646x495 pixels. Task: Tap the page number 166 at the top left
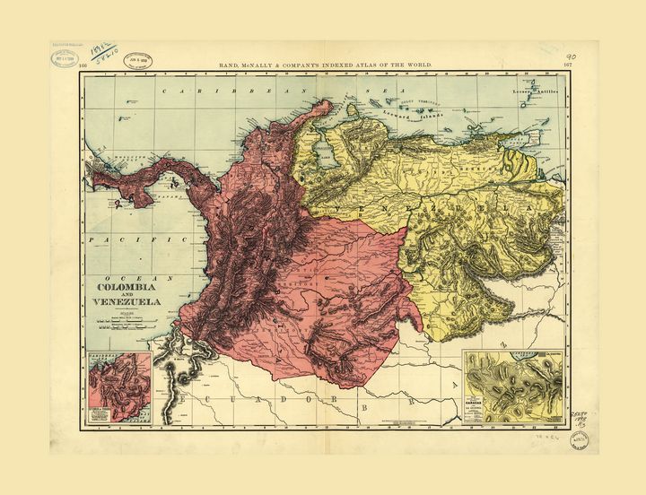[x=83, y=65]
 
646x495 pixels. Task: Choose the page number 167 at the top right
[x=567, y=65]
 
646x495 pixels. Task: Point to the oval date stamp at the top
[x=137, y=56]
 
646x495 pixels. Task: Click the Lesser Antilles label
[x=535, y=91]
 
